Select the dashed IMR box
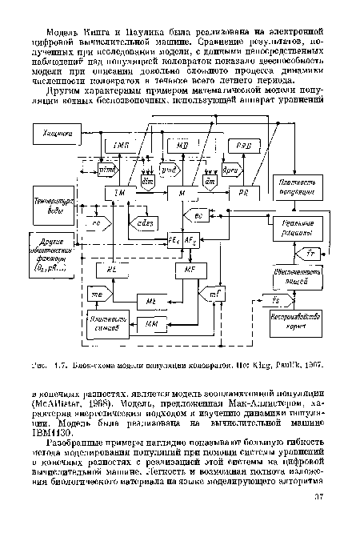pyautogui.click(x=122, y=145)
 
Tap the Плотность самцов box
pyautogui.click(x=106, y=325)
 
